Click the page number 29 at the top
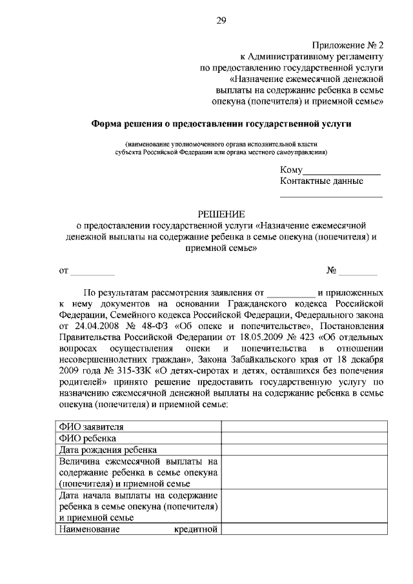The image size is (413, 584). tap(221, 22)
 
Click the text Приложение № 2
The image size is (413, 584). tap(348, 45)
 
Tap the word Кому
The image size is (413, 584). tap(291, 170)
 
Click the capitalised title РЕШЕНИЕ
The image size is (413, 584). tap(221, 214)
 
